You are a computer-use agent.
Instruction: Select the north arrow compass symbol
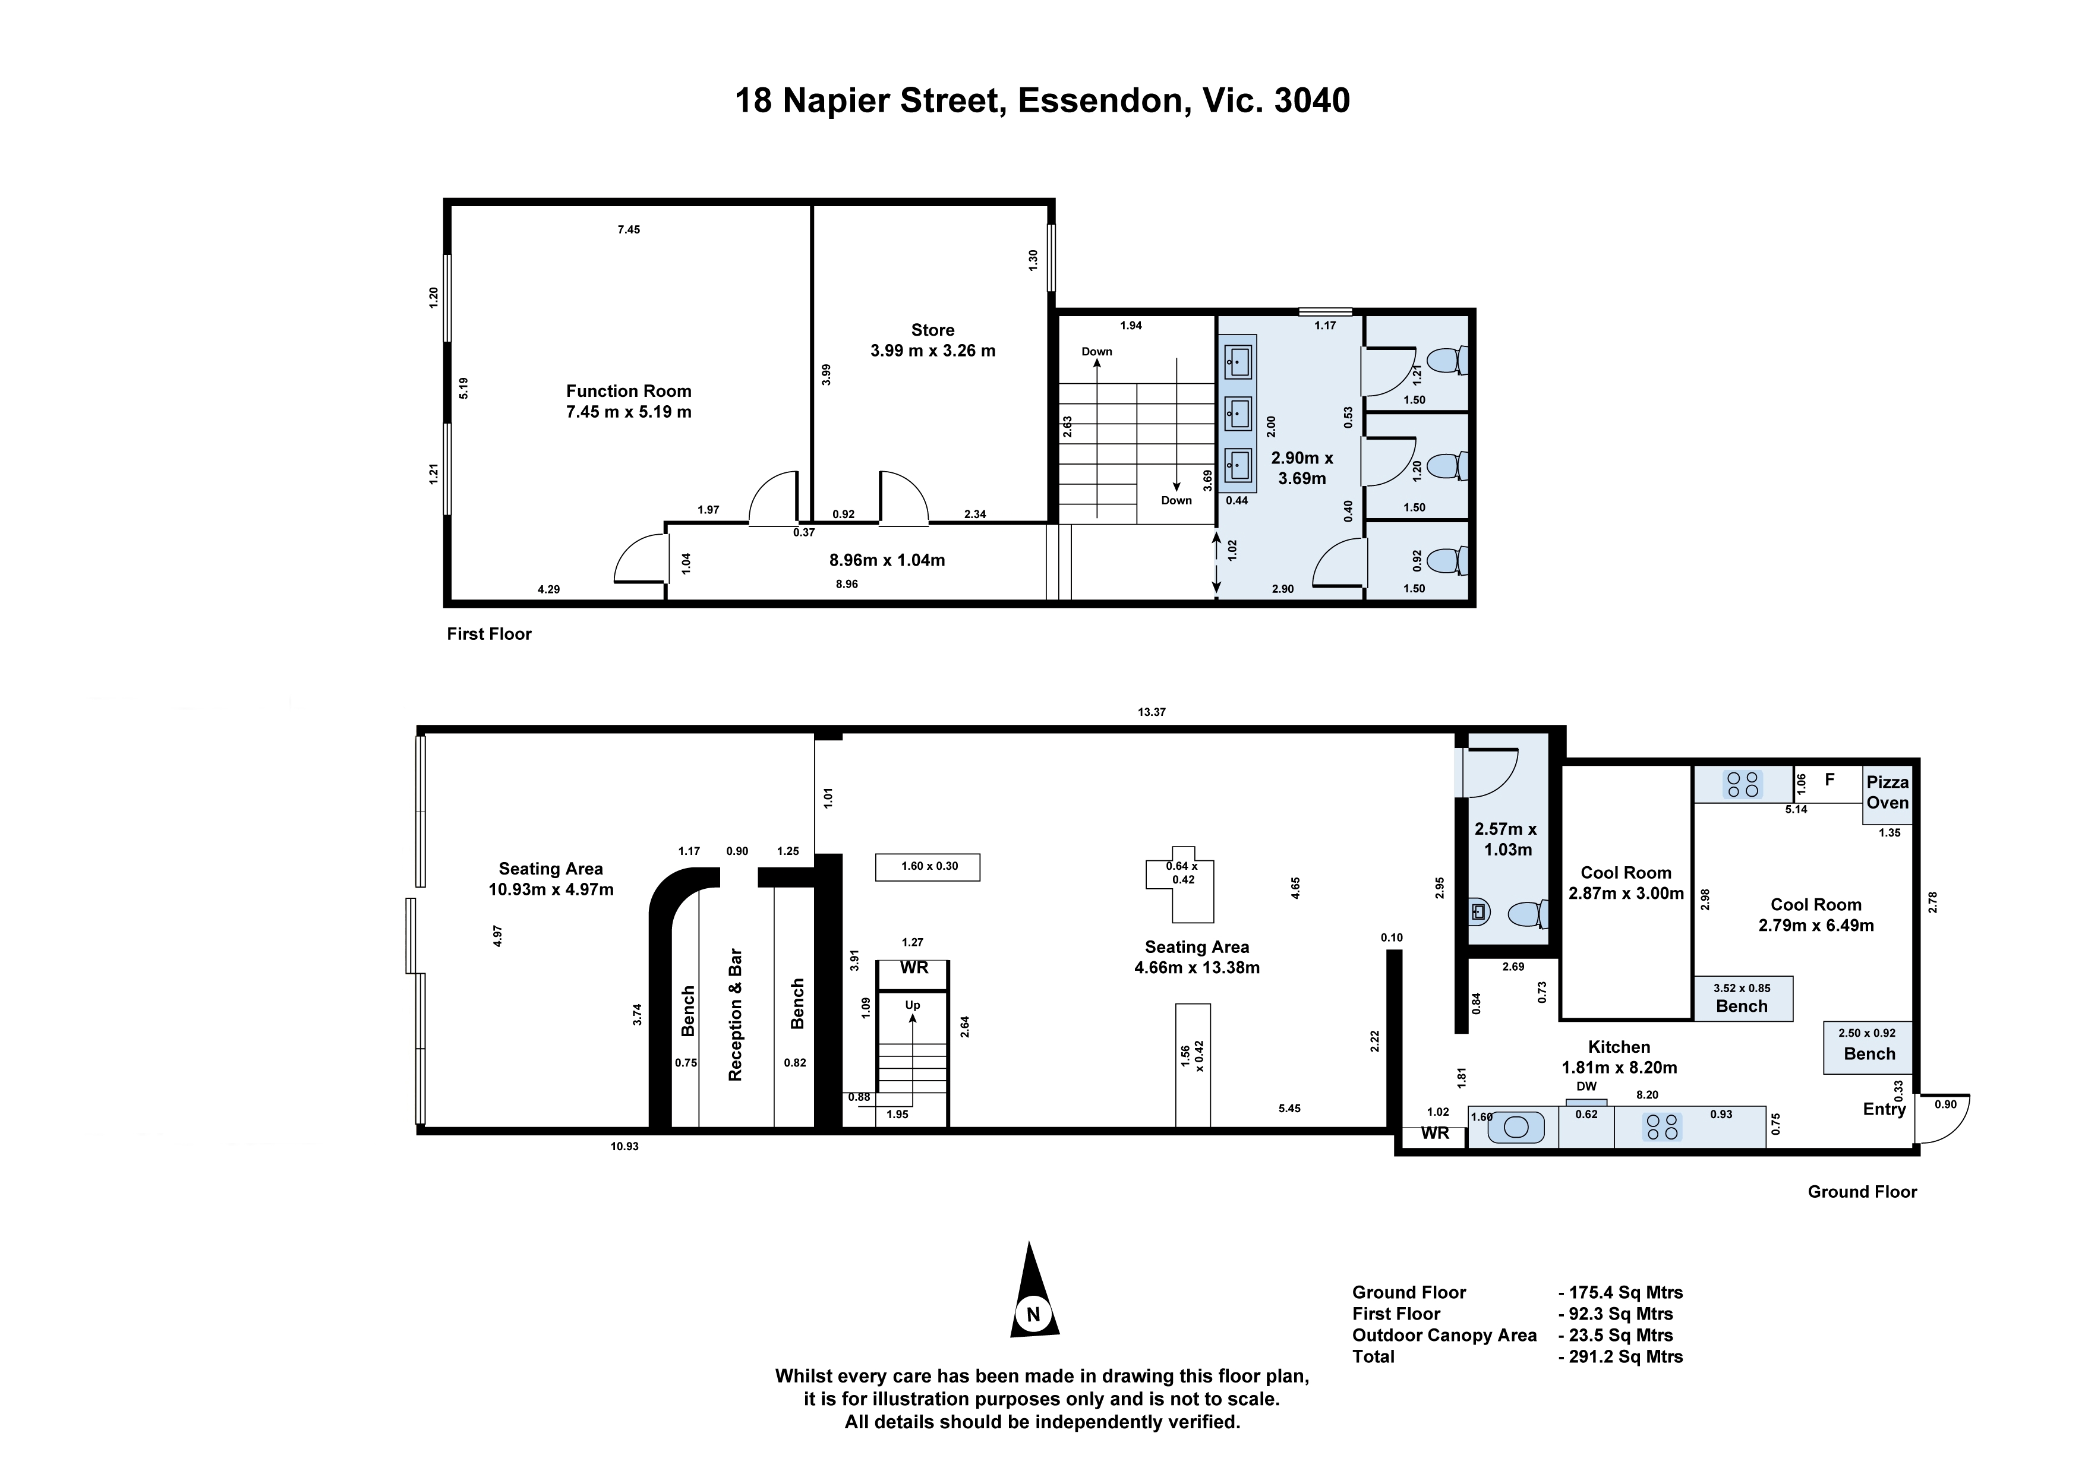(x=1033, y=1290)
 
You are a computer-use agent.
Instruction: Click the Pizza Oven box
(x=1887, y=794)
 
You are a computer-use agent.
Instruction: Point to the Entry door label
(x=1884, y=1109)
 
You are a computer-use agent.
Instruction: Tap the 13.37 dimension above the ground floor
(x=1152, y=712)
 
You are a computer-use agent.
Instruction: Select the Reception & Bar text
(x=736, y=1015)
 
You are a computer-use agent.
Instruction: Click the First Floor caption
(x=488, y=634)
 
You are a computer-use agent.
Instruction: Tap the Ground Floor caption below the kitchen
(x=1862, y=1192)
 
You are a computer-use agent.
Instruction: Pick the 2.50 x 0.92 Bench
(x=1869, y=1047)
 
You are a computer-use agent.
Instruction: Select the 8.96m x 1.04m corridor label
(x=887, y=560)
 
